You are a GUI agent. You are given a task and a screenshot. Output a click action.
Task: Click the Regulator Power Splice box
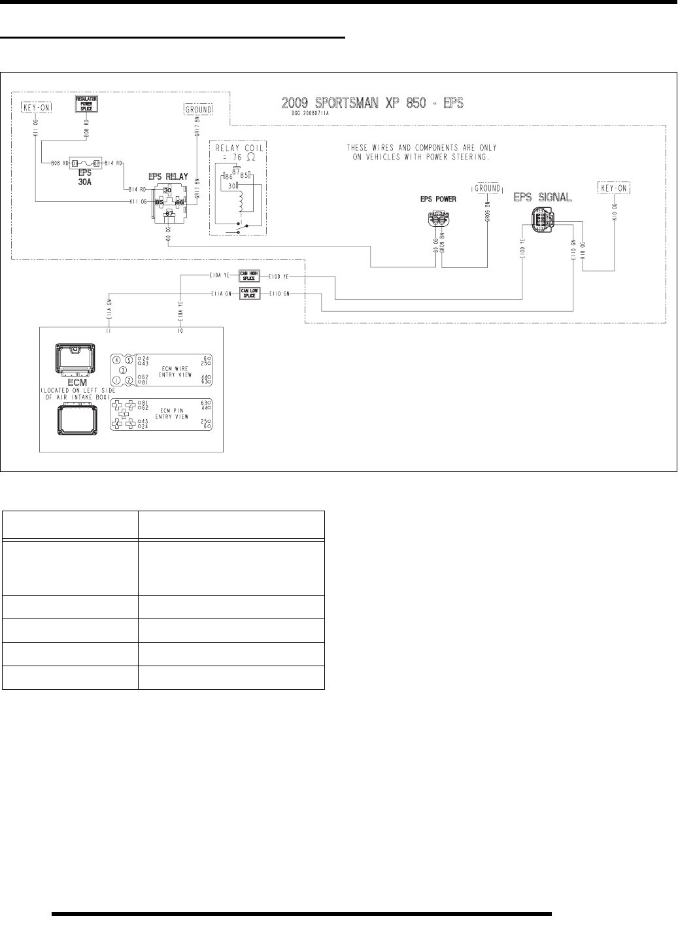86,105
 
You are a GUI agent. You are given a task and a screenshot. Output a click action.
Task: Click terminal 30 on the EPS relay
167,190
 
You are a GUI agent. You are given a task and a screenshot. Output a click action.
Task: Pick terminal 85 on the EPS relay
158,202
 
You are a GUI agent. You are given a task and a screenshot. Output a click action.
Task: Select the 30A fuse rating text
85,182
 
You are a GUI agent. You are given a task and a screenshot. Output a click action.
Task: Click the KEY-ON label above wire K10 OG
615,188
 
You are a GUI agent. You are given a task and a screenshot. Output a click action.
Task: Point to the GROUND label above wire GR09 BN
487,188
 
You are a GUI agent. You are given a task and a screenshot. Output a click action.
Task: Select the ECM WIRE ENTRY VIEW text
173,371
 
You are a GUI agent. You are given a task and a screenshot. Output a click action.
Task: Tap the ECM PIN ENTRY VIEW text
173,413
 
